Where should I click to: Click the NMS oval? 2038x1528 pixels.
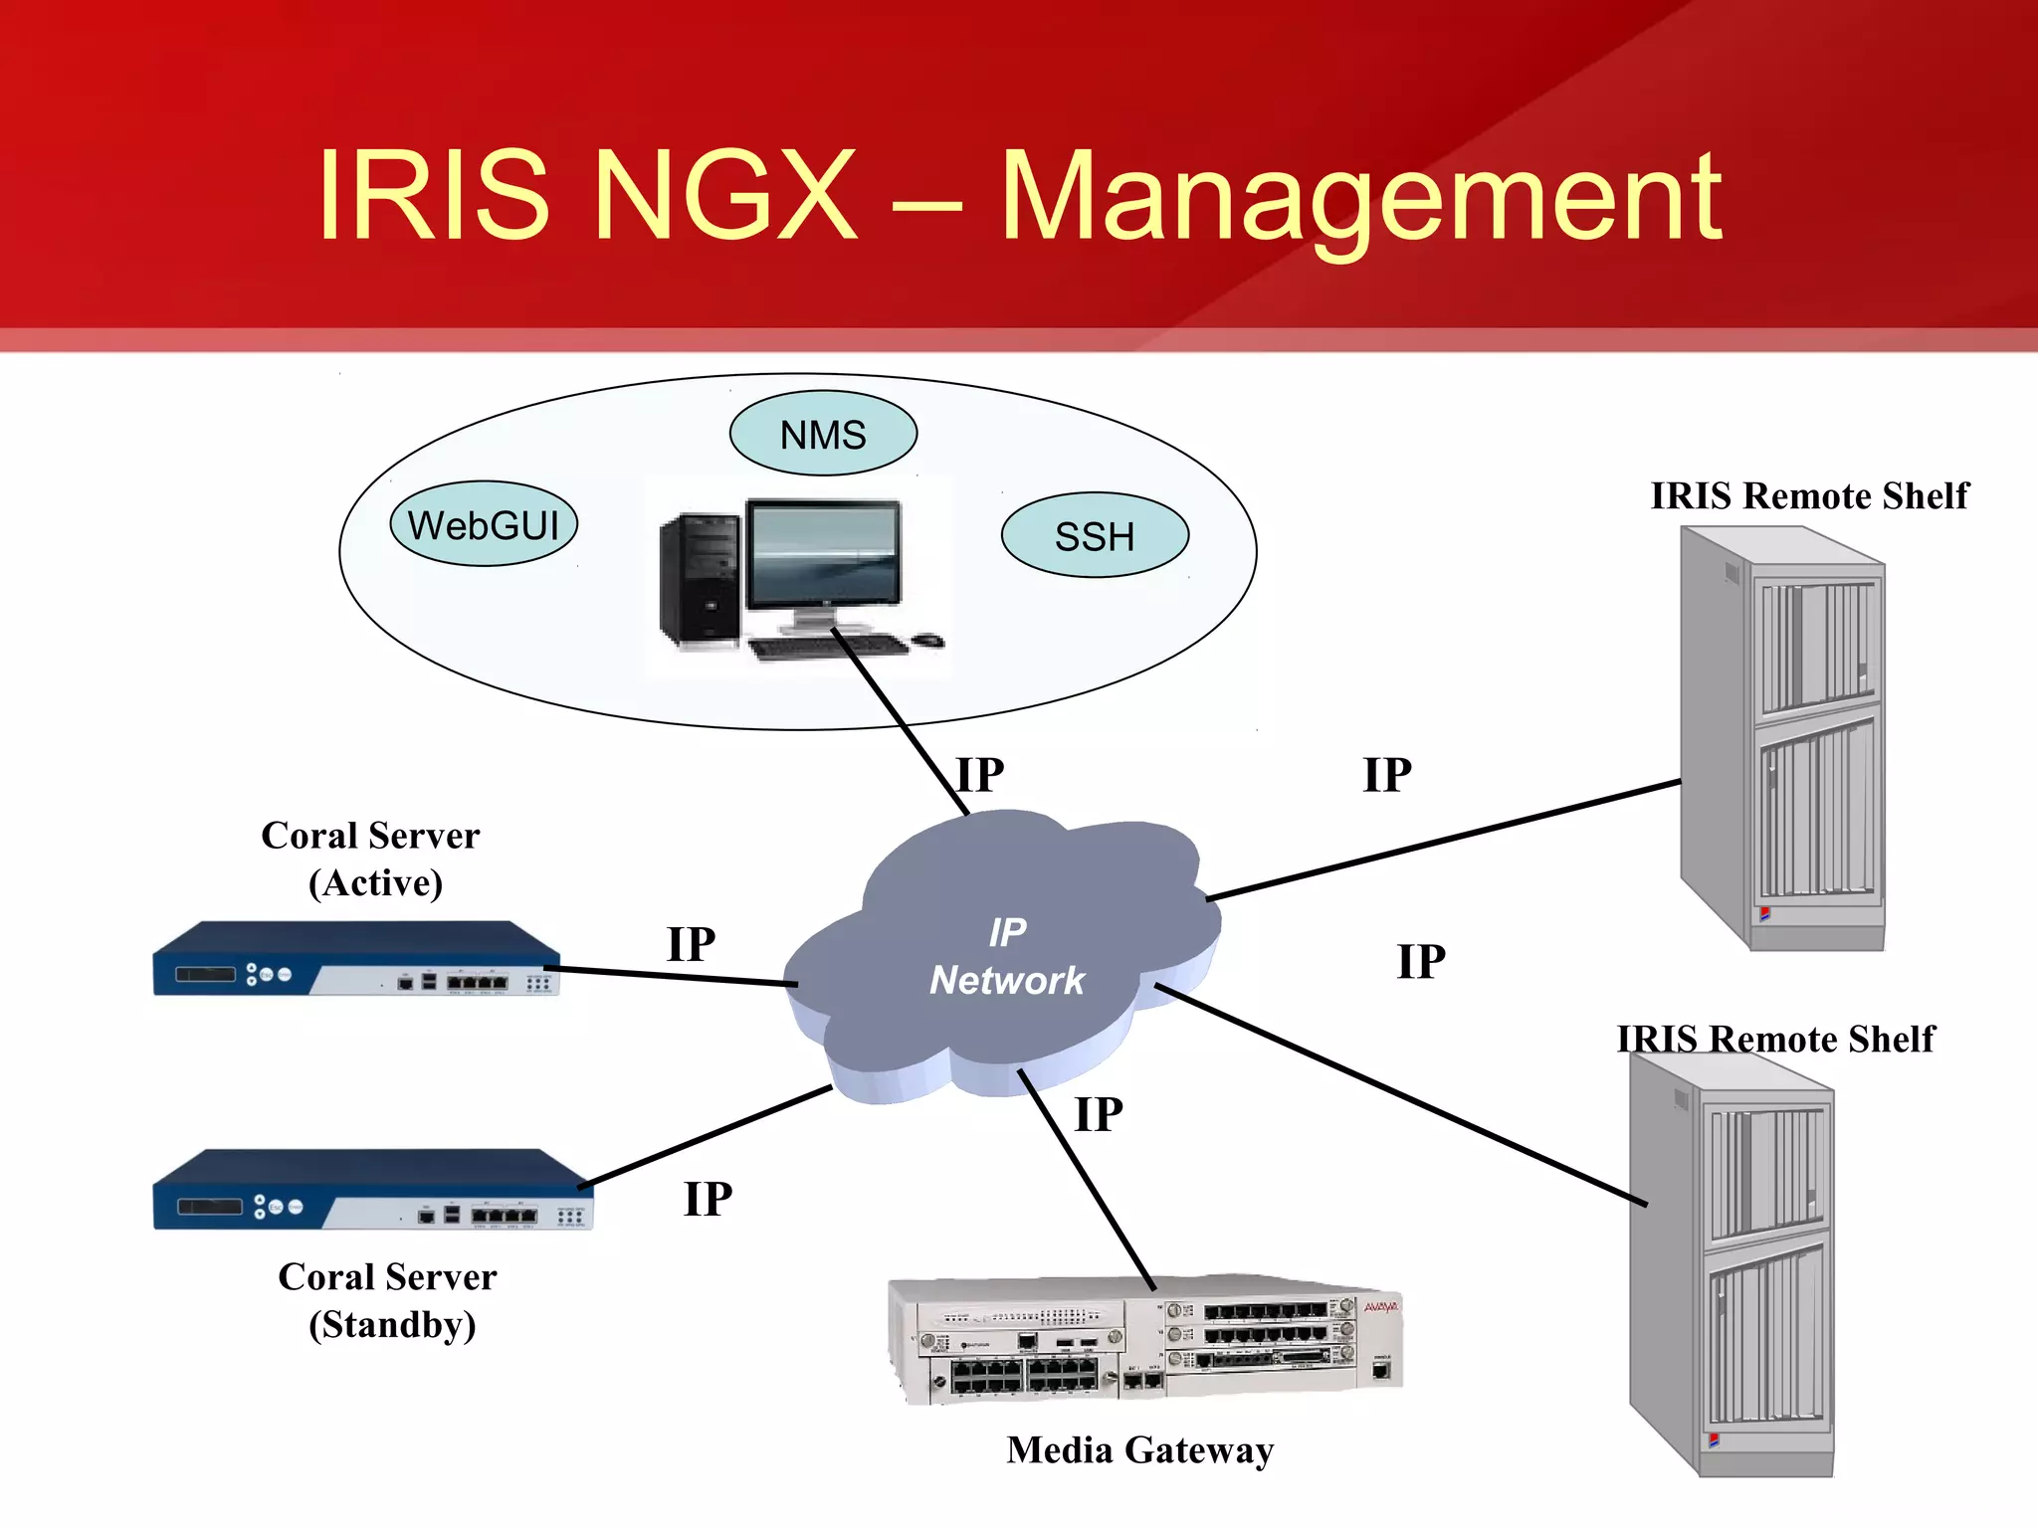point(823,434)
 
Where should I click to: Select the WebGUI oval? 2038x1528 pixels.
point(484,524)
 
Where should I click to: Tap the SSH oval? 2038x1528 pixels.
point(1095,535)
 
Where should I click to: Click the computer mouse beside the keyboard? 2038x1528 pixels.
point(928,640)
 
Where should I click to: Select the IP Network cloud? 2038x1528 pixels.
point(1005,955)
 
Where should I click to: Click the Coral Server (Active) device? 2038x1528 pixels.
point(355,959)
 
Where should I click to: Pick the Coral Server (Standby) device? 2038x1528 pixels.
point(372,1190)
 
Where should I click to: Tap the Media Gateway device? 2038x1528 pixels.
point(1144,1338)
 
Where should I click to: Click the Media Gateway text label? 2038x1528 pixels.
point(1139,1449)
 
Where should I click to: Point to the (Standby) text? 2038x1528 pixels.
point(392,1325)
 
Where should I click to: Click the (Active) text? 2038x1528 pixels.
point(375,883)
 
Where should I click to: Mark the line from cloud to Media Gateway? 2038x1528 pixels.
point(1086,1180)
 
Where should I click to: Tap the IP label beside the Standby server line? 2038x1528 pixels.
point(708,1199)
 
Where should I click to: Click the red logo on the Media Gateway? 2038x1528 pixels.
point(1380,1307)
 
